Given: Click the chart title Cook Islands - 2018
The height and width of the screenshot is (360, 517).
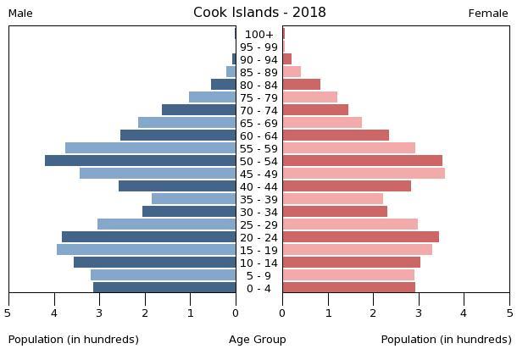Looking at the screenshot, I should pyautogui.click(x=259, y=13).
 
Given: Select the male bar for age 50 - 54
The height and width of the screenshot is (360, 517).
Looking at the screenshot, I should pyautogui.click(x=141, y=161).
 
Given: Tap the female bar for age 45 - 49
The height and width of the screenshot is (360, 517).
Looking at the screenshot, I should pyautogui.click(x=364, y=174).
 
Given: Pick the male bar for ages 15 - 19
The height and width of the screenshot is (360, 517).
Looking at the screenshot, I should pyautogui.click(x=147, y=250).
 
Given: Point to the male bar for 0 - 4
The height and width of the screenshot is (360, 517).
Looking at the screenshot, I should pyautogui.click(x=164, y=288).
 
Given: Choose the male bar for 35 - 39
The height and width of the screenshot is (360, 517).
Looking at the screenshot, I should pyautogui.click(x=194, y=199).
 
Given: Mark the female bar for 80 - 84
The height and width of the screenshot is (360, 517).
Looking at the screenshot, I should pyautogui.click(x=302, y=85).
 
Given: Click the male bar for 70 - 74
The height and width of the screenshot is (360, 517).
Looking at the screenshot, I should pyautogui.click(x=199, y=110).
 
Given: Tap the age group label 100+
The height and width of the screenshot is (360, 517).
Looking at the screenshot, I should pyautogui.click(x=258, y=35).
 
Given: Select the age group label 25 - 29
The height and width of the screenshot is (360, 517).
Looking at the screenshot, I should pyautogui.click(x=258, y=224).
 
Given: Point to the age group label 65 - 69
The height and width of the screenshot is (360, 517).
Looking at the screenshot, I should pyautogui.click(x=258, y=124).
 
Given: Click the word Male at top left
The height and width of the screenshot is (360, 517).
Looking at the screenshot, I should pyautogui.click(x=20, y=14).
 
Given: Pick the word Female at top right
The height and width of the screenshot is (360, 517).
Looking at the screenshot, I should pyautogui.click(x=488, y=14).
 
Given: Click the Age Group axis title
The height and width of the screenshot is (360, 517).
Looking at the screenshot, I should pyautogui.click(x=258, y=340).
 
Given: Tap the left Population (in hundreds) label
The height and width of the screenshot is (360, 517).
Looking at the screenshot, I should pyautogui.click(x=74, y=340).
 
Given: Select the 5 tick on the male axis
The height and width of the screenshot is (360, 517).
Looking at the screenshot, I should pyautogui.click(x=8, y=313).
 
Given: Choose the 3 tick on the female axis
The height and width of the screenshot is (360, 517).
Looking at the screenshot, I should pyautogui.click(x=419, y=313).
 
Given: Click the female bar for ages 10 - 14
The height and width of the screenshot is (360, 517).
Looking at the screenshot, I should pyautogui.click(x=351, y=263).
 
